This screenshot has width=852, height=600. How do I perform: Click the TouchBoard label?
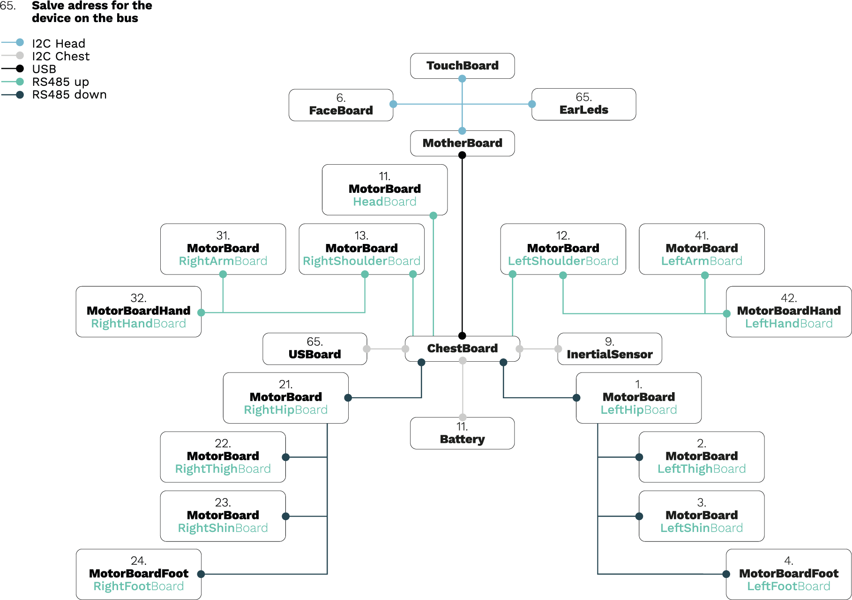click(463, 66)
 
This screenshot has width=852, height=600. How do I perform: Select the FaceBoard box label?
click(341, 111)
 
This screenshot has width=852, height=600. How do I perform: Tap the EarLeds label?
click(583, 110)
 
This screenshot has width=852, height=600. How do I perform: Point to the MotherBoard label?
click(463, 143)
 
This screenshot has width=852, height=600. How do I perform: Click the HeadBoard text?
click(385, 202)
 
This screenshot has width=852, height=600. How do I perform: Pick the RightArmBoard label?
click(223, 261)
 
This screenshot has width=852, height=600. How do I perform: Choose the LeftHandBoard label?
click(789, 324)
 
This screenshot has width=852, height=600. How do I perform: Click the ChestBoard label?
click(463, 349)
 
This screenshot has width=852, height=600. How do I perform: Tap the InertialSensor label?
click(609, 355)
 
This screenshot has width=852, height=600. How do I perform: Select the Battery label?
click(463, 440)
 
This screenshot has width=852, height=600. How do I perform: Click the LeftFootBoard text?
click(789, 586)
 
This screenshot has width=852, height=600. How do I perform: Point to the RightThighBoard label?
click(223, 469)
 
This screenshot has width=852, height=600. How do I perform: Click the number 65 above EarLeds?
click(583, 97)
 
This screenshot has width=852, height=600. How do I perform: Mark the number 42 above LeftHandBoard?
click(789, 298)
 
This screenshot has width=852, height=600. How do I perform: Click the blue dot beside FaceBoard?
click(394, 104)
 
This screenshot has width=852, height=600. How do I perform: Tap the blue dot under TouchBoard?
click(463, 79)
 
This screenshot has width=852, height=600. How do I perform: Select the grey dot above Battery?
click(463, 417)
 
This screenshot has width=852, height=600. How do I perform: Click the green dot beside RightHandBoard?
click(202, 313)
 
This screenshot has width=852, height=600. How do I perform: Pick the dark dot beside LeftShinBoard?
click(639, 516)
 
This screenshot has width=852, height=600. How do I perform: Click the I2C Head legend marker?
click(20, 43)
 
